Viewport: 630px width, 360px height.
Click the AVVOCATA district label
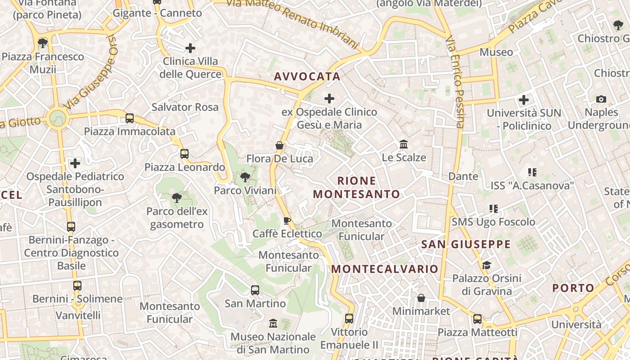click(x=307, y=76)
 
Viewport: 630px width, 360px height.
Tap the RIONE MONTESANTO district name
click(x=356, y=188)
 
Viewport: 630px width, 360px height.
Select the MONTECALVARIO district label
click(x=385, y=269)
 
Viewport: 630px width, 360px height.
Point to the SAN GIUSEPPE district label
click(x=466, y=244)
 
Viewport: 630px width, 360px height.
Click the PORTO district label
click(x=573, y=288)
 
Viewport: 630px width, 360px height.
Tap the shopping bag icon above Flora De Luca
click(x=279, y=145)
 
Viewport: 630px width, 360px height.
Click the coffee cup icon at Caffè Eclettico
click(x=287, y=220)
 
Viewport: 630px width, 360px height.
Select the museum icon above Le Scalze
click(x=404, y=144)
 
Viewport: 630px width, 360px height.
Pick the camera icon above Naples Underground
click(x=601, y=99)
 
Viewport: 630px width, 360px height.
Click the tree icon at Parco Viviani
click(x=245, y=177)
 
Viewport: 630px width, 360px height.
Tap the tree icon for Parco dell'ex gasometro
click(x=176, y=198)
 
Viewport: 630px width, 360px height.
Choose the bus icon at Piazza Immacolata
click(x=130, y=118)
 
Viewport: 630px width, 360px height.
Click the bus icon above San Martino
click(x=255, y=290)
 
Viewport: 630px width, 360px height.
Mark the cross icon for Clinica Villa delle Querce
click(x=190, y=48)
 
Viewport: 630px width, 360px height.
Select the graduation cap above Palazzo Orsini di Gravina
click(x=486, y=265)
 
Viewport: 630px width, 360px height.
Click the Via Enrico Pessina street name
click(x=455, y=82)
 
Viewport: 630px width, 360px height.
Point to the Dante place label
click(x=463, y=176)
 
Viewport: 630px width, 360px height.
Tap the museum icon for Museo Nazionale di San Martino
click(x=273, y=324)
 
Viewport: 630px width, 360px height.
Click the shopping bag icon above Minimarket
click(x=421, y=298)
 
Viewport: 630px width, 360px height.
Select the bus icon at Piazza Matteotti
click(x=477, y=319)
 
